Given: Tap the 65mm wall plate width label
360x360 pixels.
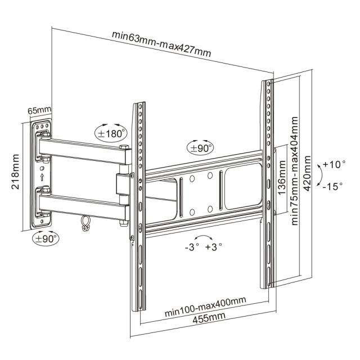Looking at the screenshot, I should point(39,110).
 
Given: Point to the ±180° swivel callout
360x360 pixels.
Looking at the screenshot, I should point(111,133).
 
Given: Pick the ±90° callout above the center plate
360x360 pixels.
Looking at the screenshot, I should point(201,148).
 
